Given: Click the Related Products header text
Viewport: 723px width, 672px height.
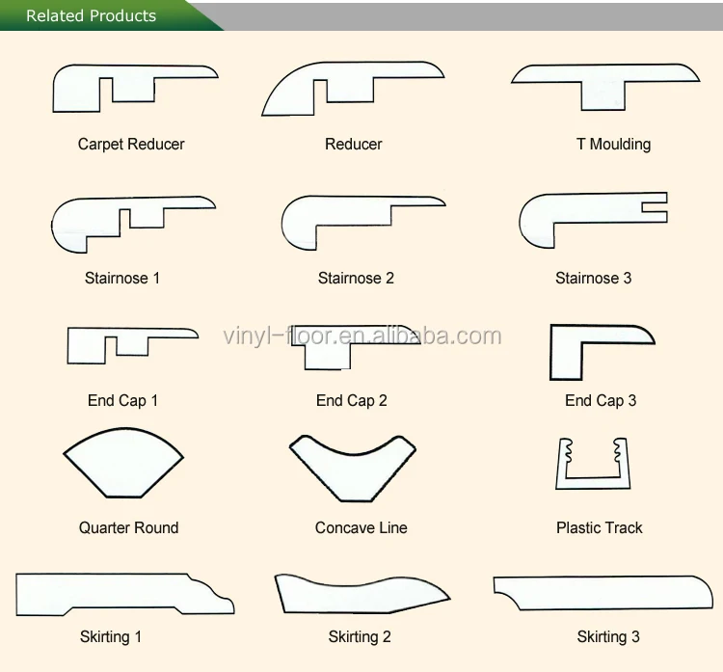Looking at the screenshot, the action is (91, 15).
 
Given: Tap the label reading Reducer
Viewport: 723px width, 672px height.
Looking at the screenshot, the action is (353, 144).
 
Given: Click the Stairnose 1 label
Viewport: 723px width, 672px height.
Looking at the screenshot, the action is (122, 278).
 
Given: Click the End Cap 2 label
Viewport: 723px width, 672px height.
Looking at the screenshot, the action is (351, 400).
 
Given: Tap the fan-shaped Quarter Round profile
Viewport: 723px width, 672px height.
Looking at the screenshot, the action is (123, 468).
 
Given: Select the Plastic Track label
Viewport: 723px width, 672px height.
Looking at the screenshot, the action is (599, 527).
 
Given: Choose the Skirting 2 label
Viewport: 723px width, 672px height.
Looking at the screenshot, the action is (360, 636).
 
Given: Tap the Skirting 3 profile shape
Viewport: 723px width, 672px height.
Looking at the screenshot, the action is (598, 588).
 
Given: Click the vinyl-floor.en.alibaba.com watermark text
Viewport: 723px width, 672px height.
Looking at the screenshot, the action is (362, 336).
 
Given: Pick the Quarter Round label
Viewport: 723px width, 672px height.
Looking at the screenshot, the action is (128, 527).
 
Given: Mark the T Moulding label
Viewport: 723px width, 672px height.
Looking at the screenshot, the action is (613, 144).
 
